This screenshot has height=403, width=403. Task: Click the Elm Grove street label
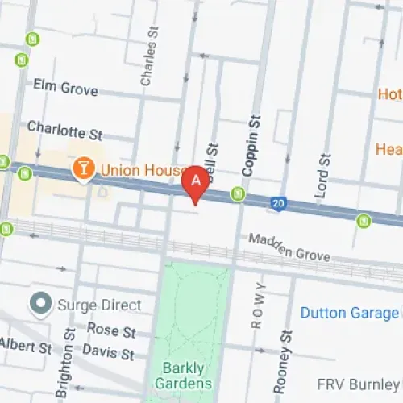tap(65, 87)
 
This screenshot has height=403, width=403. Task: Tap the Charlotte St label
tap(65, 128)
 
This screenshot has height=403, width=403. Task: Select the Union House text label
tap(134, 170)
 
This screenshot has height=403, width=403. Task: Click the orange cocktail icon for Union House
tap(82, 169)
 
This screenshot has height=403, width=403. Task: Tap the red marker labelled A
tap(195, 182)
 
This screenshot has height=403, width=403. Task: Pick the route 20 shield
tap(279, 201)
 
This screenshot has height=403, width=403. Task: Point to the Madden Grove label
tap(289, 247)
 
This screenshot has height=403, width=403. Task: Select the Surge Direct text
tap(98, 305)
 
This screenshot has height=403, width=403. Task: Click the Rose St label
tap(111, 330)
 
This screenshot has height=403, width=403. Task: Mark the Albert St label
tap(26, 346)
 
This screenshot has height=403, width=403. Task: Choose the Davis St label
tap(108, 353)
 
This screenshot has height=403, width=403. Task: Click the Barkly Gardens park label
tap(184, 376)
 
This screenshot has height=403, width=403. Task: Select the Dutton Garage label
tap(348, 313)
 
